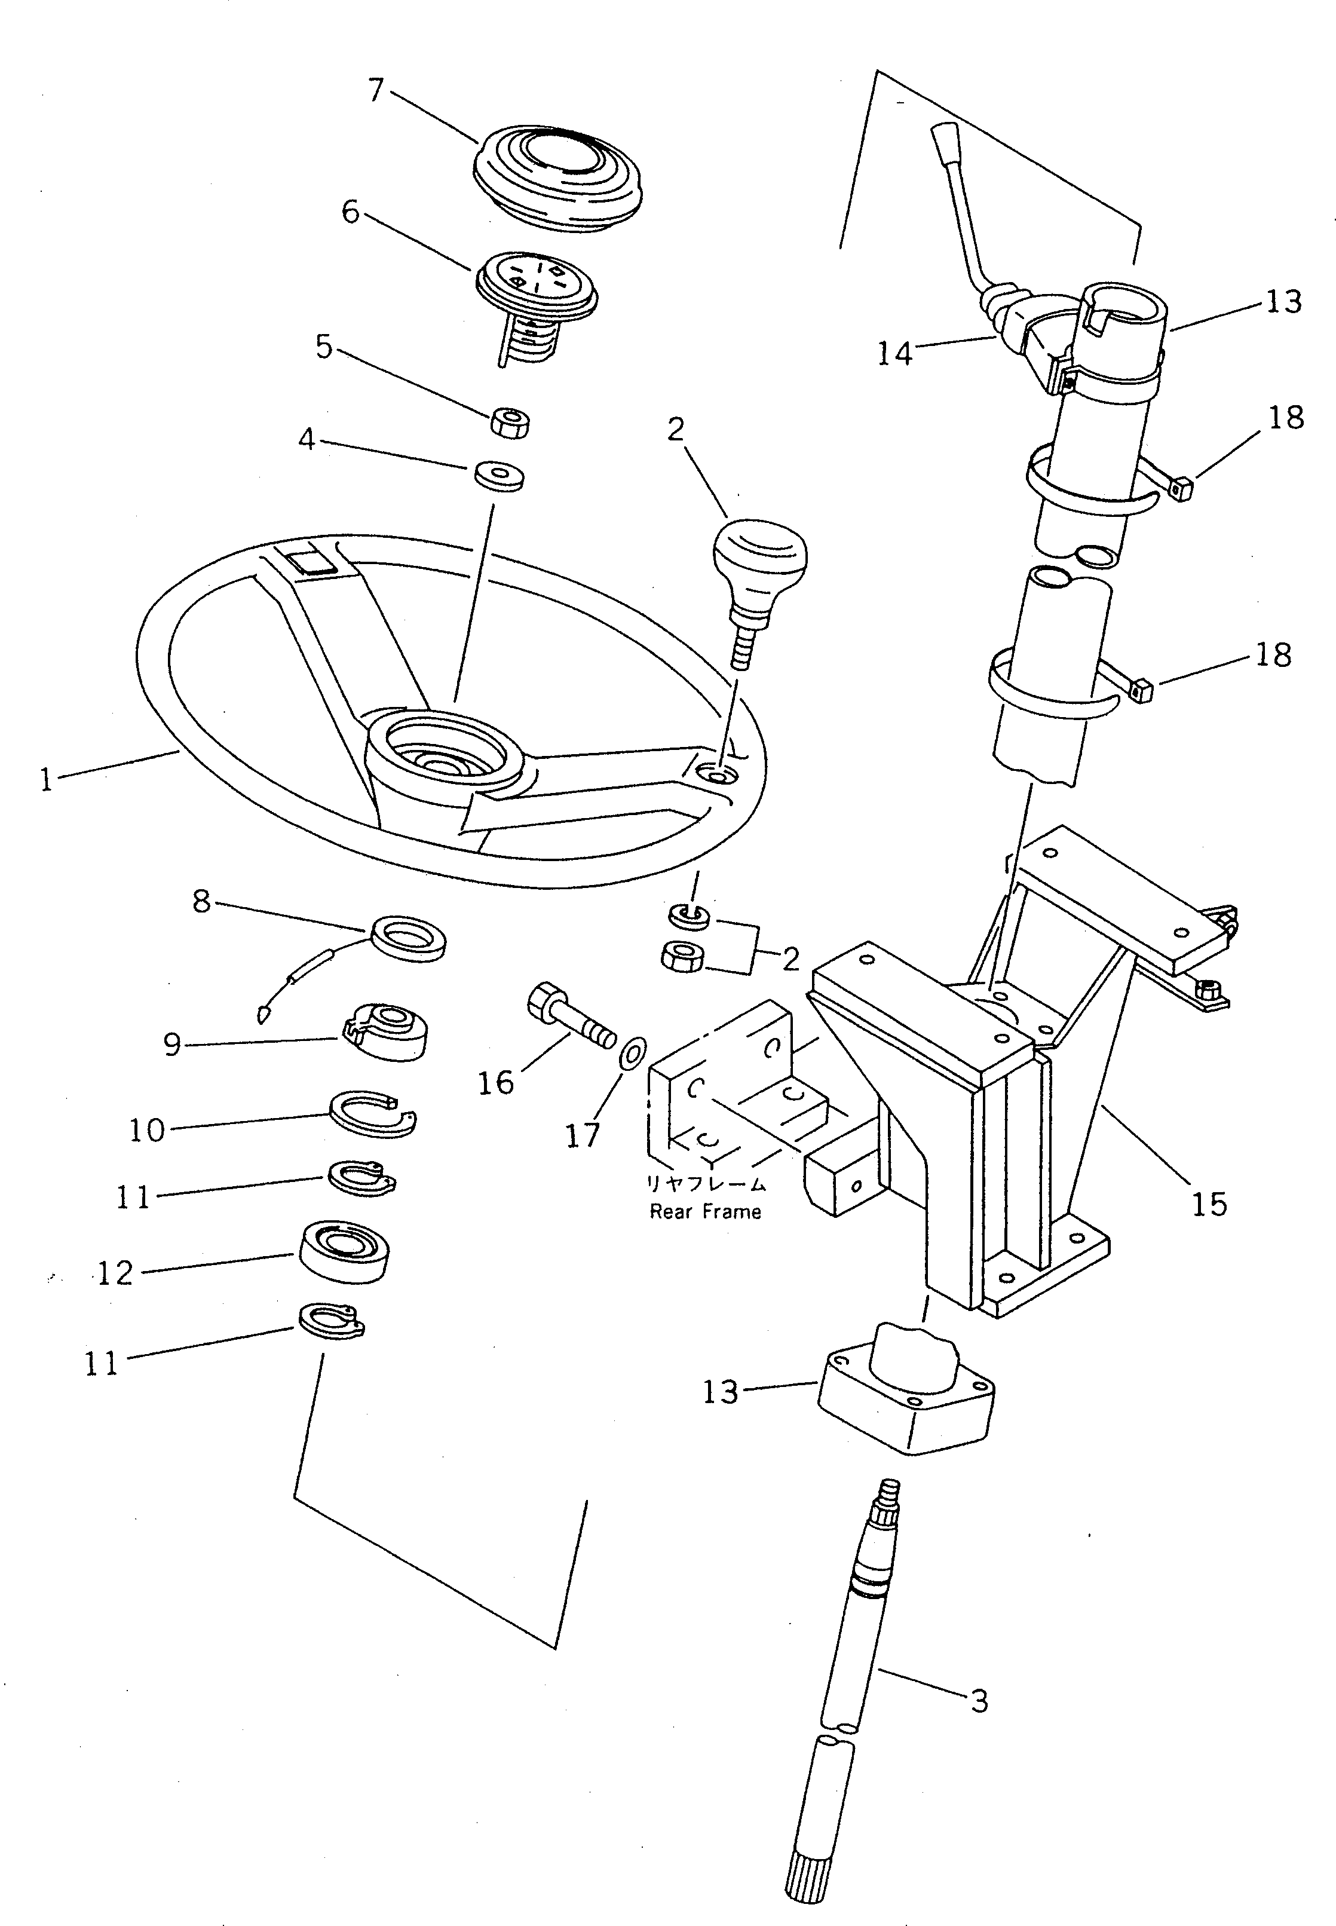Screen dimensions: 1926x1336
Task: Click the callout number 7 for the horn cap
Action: click(x=376, y=90)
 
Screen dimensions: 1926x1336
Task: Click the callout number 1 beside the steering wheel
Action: click(x=46, y=780)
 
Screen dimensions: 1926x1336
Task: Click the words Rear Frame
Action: click(x=705, y=1211)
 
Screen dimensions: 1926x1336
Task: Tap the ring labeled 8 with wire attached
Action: click(x=407, y=938)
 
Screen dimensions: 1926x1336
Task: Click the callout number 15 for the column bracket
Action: click(x=1209, y=1205)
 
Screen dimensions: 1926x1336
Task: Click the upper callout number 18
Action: click(x=1286, y=417)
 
